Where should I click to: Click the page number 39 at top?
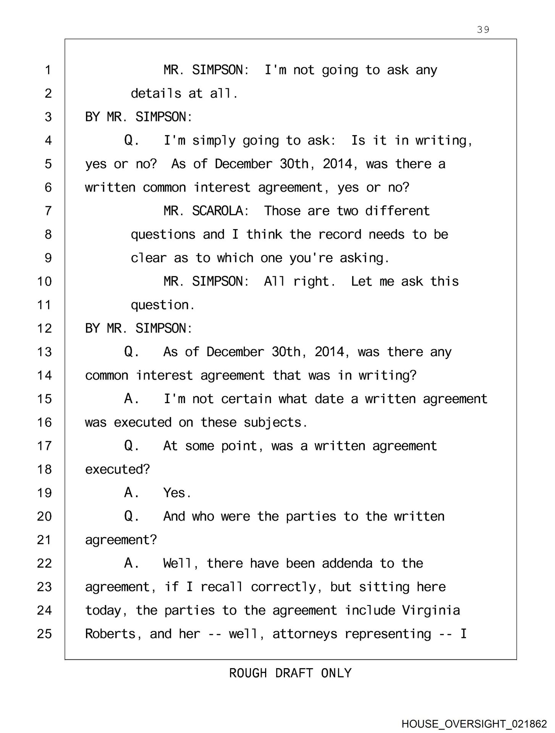[x=483, y=29]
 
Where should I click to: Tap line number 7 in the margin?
[x=48, y=211]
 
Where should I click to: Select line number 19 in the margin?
[x=44, y=493]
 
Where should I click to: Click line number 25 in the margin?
[x=44, y=634]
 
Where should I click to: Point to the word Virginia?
[x=431, y=610]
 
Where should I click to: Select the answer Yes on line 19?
[x=176, y=493]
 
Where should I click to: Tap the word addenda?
[x=347, y=563]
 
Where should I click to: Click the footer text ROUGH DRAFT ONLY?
[x=290, y=673]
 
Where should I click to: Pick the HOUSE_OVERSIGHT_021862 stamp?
[x=474, y=723]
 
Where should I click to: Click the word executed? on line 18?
[x=117, y=469]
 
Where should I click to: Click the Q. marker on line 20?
[x=131, y=516]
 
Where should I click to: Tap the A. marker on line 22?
[x=131, y=563]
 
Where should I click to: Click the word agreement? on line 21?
[x=121, y=540]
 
